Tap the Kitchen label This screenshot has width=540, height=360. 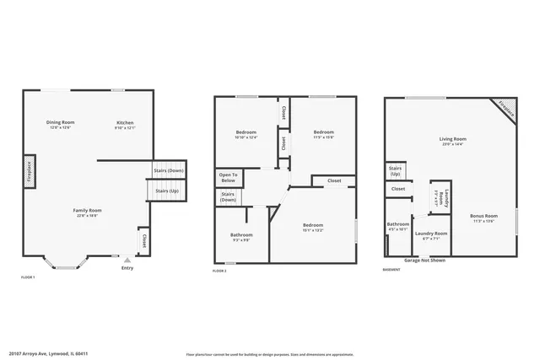click(x=124, y=123)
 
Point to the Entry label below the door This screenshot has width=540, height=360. click(x=127, y=268)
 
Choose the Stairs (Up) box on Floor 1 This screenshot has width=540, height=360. click(x=167, y=191)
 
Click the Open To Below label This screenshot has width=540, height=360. click(x=229, y=178)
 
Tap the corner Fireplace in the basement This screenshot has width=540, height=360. click(x=506, y=109)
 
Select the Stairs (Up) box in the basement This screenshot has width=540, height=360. click(x=395, y=171)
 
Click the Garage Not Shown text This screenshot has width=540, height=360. click(x=424, y=261)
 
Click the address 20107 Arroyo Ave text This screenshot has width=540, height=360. click(x=55, y=354)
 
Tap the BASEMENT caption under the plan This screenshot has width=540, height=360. click(x=391, y=270)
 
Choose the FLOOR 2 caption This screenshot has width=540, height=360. click(x=220, y=270)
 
